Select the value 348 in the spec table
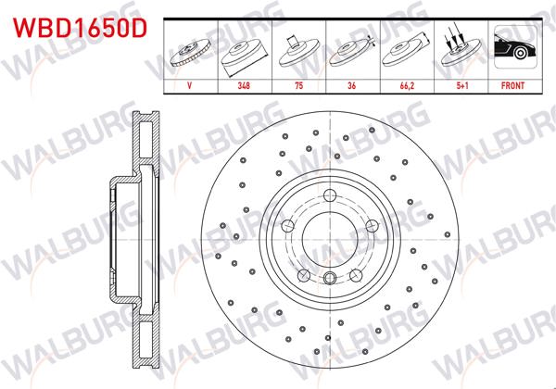244,85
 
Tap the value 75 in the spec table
298,85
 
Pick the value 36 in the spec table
353,85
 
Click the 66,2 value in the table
406,85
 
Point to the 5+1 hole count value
460,85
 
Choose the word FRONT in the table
512,85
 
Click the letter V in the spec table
190,85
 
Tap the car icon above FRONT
512,50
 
